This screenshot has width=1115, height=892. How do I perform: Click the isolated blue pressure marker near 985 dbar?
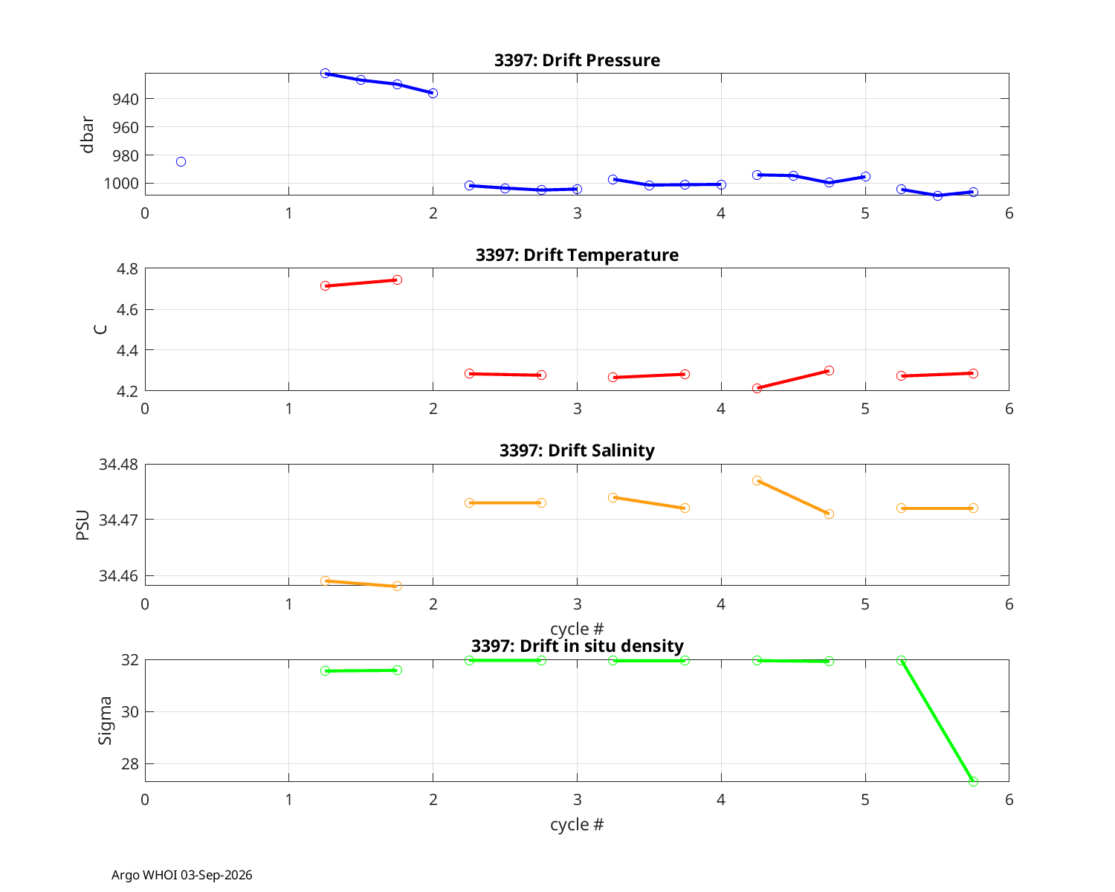pyautogui.click(x=181, y=162)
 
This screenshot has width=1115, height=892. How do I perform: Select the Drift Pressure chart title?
pyautogui.click(x=577, y=60)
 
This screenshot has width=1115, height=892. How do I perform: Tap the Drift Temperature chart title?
pyautogui.click(x=577, y=255)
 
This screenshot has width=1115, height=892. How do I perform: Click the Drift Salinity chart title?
pyautogui.click(x=577, y=450)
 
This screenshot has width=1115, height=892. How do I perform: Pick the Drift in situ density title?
pyautogui.click(x=577, y=646)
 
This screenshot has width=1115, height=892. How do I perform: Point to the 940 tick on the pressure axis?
pyautogui.click(x=126, y=99)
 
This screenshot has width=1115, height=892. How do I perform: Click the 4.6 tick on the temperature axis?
pyautogui.click(x=127, y=310)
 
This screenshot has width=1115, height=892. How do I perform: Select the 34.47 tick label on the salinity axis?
pyautogui.click(x=119, y=520)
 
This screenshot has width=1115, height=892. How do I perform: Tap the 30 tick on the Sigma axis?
pyautogui.click(x=130, y=712)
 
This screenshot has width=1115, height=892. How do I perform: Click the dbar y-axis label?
pyautogui.click(x=87, y=135)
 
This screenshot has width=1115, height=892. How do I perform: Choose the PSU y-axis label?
pyautogui.click(x=83, y=525)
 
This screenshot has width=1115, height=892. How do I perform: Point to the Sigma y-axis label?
pyautogui.click(x=105, y=720)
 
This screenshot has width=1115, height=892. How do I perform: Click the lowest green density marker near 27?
pyautogui.click(x=973, y=781)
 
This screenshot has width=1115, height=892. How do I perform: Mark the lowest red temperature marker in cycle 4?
pyautogui.click(x=757, y=388)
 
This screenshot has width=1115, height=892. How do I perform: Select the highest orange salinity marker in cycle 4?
pyautogui.click(x=757, y=480)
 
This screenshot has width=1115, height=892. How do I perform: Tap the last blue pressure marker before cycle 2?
pyautogui.click(x=433, y=94)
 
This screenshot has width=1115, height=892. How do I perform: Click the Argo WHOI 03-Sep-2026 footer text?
pyautogui.click(x=182, y=875)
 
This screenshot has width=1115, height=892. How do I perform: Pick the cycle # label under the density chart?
pyautogui.click(x=577, y=824)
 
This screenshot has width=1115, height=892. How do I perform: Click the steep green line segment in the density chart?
pyautogui.click(x=937, y=721)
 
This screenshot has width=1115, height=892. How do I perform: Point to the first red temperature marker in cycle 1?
pyautogui.click(x=325, y=286)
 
